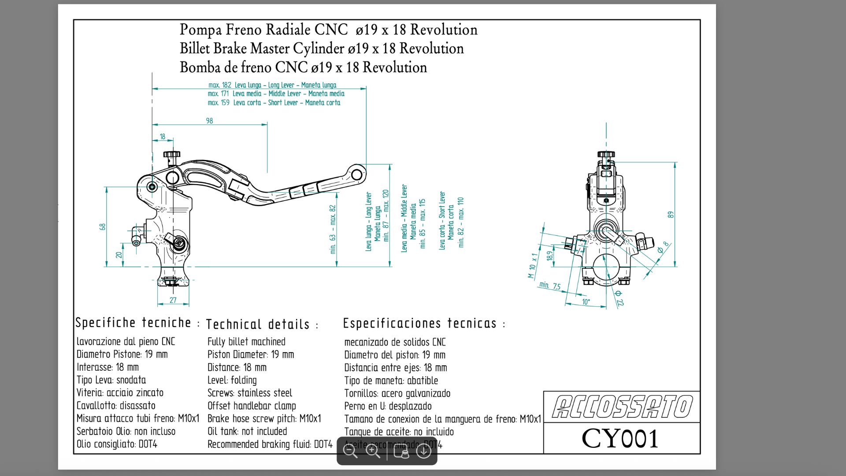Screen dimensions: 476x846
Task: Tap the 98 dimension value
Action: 209,121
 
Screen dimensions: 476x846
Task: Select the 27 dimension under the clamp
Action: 173,300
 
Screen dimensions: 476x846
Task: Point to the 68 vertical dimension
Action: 103,227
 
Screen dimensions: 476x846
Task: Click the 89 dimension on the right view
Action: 671,215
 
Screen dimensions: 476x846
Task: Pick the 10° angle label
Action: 586,302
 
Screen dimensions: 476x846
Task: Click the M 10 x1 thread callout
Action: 533,265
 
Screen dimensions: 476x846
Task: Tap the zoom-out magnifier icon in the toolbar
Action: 350,451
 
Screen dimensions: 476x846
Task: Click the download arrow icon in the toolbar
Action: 423,451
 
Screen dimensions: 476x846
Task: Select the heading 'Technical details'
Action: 258,324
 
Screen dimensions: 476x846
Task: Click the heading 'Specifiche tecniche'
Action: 133,323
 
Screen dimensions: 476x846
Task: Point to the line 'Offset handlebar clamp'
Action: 252,405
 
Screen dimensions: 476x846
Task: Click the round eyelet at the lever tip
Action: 357,174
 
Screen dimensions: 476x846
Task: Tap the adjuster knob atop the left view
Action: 171,155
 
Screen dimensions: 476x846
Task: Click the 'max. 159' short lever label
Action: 219,103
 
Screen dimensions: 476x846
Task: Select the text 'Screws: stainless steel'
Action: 250,393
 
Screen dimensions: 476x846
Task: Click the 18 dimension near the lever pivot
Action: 163,137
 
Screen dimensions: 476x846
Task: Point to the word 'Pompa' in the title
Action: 200,30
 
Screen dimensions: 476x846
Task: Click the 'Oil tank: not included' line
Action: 247,431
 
